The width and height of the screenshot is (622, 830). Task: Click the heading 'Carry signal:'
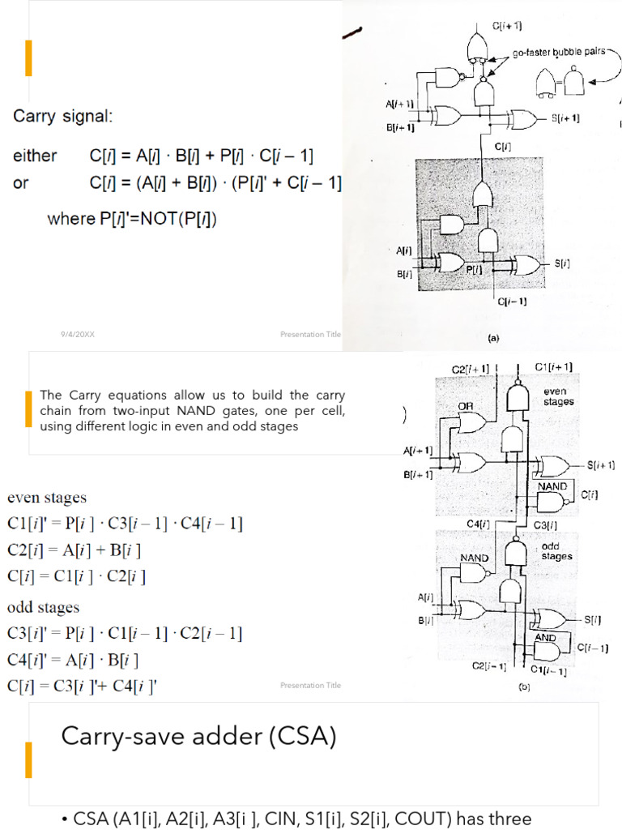click(x=63, y=117)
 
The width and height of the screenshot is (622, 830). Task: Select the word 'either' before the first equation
click(x=34, y=156)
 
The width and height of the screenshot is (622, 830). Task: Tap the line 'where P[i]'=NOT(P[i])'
click(x=132, y=219)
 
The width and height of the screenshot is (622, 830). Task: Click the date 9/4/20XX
click(x=77, y=334)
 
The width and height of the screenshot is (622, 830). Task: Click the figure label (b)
click(x=525, y=687)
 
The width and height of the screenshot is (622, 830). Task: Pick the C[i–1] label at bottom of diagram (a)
click(x=512, y=302)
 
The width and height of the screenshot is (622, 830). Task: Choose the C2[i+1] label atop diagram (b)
click(x=470, y=369)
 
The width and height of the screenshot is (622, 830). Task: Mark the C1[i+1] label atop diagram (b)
click(x=556, y=367)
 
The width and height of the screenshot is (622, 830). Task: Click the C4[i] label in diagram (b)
click(x=479, y=524)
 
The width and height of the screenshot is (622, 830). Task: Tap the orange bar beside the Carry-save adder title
click(x=29, y=759)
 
